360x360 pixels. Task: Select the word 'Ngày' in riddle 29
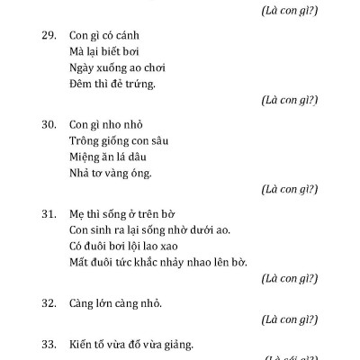tap(82, 67)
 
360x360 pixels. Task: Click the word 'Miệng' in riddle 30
tap(85, 157)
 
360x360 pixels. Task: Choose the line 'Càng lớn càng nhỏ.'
tap(115, 302)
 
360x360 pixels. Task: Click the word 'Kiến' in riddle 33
tap(82, 344)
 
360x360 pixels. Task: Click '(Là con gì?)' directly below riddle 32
tap(287, 319)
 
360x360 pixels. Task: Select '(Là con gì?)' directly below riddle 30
tap(287, 189)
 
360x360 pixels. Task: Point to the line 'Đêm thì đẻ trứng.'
tap(112, 84)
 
